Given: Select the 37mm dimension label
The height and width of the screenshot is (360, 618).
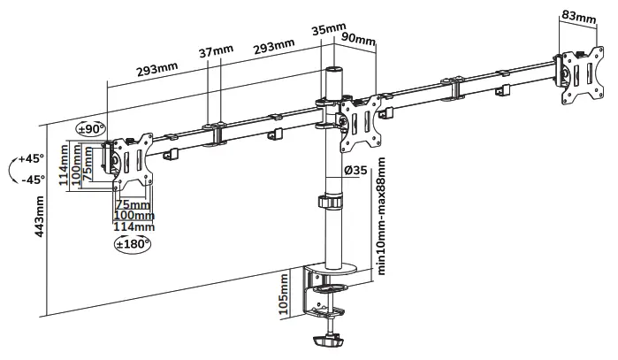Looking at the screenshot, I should click(216, 53).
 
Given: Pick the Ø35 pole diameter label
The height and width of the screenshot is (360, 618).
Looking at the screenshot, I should click(355, 171).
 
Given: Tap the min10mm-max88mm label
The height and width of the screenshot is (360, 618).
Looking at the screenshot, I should click(381, 217).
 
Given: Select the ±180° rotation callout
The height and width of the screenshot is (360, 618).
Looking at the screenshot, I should click(133, 242).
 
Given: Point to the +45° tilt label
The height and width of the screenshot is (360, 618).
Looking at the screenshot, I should click(29, 160).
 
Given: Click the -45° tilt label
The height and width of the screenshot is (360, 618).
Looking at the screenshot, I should click(29, 179).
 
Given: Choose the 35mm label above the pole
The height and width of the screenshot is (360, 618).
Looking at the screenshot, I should click(329, 29).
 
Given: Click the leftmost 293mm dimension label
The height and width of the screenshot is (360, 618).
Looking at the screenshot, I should click(157, 66).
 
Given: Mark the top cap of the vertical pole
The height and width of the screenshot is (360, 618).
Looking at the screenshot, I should click(332, 69).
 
